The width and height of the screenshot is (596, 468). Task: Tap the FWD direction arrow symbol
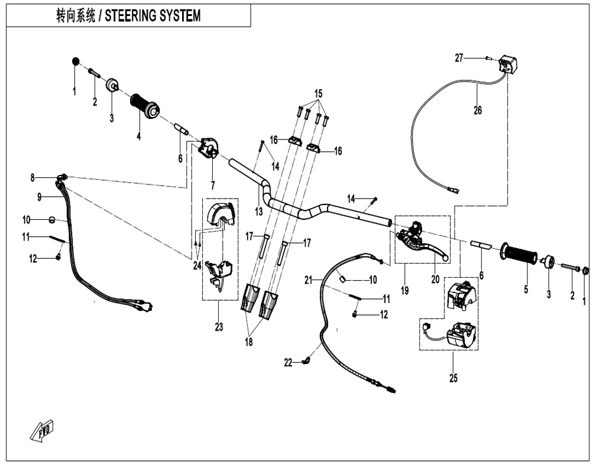tap(41, 430)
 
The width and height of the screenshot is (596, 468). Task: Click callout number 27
tap(459, 57)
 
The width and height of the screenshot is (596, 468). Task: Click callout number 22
tap(288, 363)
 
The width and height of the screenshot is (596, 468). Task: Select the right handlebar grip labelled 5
tap(519, 255)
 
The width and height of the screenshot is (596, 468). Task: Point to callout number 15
tap(319, 94)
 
